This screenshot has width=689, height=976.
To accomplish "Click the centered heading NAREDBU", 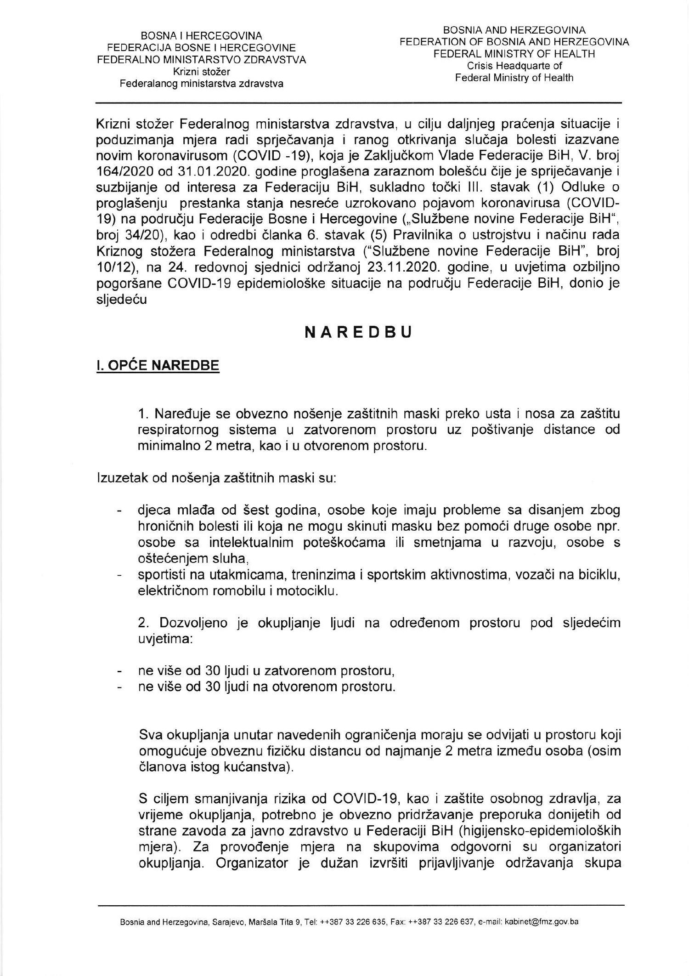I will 359,333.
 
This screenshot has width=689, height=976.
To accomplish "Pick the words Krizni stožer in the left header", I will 201,72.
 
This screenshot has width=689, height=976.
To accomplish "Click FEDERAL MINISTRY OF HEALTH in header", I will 514,54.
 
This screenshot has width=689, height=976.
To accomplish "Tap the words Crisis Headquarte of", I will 514,66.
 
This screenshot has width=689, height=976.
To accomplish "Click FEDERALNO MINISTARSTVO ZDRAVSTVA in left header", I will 201,60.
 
